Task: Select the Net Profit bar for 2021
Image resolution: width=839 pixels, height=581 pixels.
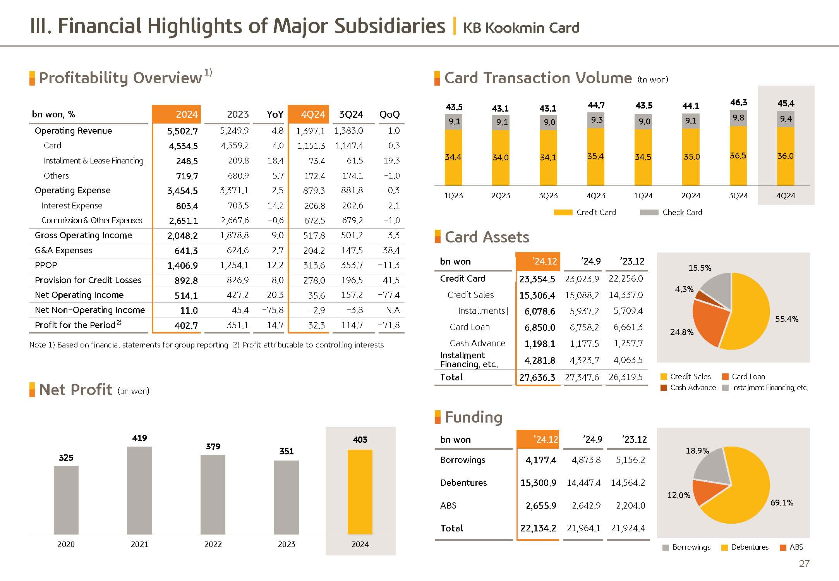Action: (139, 490)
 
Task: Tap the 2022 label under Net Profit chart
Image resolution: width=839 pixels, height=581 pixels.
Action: (213, 544)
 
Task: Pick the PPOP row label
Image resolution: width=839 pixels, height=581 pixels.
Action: (46, 265)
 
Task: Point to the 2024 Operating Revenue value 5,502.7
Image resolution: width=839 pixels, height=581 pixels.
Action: (182, 131)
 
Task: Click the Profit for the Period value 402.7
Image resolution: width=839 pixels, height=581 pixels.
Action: (186, 325)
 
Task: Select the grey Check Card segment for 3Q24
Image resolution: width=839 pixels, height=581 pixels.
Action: (738, 118)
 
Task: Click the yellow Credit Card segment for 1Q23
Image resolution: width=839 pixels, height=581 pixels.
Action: (453, 157)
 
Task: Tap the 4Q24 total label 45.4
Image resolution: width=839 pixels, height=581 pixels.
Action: (786, 103)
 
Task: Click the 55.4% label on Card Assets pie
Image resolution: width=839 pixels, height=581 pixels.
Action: (786, 319)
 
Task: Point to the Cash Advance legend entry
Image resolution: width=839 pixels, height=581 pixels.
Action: (688, 388)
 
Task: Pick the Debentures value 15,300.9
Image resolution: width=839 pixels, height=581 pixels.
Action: (538, 483)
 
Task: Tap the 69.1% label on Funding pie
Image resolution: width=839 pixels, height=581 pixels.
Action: (782, 503)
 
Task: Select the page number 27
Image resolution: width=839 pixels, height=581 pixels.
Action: (804, 564)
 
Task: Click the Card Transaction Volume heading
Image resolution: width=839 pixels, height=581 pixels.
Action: (538, 78)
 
